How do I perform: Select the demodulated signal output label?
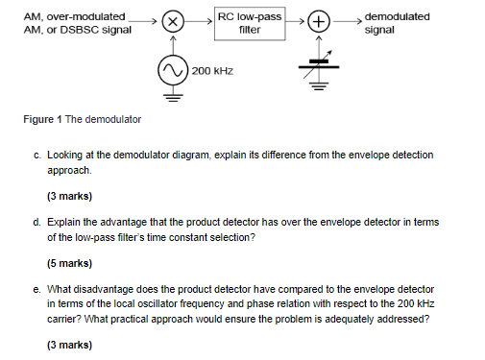tap(397, 23)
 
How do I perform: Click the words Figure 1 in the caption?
tap(40, 119)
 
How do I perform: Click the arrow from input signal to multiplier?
tap(145, 19)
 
